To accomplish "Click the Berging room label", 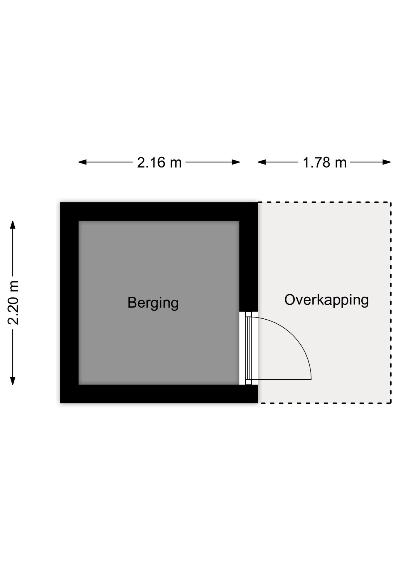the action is pyautogui.click(x=153, y=303).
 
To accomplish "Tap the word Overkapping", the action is pyautogui.click(x=326, y=300).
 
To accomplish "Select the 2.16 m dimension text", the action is pyautogui.click(x=159, y=162).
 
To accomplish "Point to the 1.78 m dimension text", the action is pyautogui.click(x=324, y=162).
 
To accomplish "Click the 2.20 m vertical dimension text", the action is pyautogui.click(x=13, y=303).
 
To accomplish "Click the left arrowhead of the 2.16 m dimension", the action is pyautogui.click(x=82, y=162).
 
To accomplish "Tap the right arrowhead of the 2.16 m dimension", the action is pyautogui.click(x=236, y=162).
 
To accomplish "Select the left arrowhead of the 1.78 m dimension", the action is pyautogui.click(x=262, y=162).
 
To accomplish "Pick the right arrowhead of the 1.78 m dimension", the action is pyautogui.click(x=387, y=162).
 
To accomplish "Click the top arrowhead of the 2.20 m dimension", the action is pyautogui.click(x=12, y=225).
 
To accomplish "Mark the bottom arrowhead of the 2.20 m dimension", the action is pyautogui.click(x=12, y=381).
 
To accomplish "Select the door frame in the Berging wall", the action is pyautogui.click(x=249, y=348).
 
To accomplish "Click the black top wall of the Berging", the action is pyautogui.click(x=159, y=211).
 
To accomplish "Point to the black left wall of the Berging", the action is pyautogui.click(x=69, y=303).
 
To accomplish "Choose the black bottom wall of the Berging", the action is pyautogui.click(x=159, y=394).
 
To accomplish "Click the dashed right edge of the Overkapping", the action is pyautogui.click(x=391, y=303).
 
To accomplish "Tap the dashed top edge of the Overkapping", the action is pyautogui.click(x=324, y=202).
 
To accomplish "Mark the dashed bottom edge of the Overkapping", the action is pyautogui.click(x=324, y=403).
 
